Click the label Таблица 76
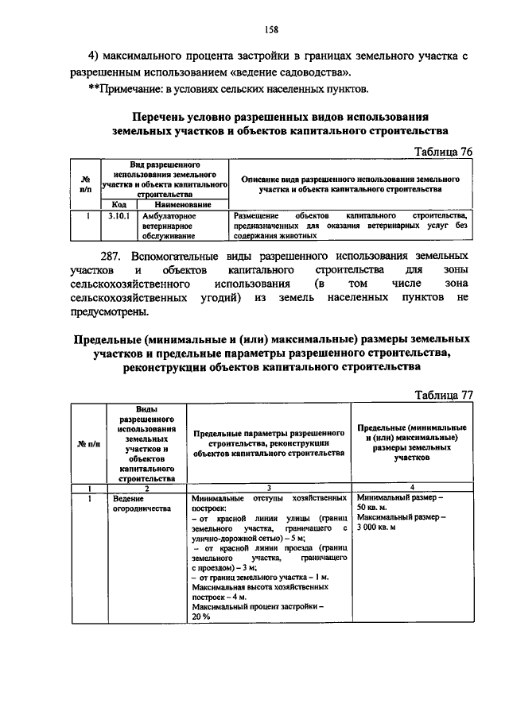445,151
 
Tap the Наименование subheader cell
182,204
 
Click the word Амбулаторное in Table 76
169,215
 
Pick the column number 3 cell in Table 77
269,488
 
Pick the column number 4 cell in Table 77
411,488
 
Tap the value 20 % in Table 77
201,616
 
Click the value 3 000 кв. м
387,528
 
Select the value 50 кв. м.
377,508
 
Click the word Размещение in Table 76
256,215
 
